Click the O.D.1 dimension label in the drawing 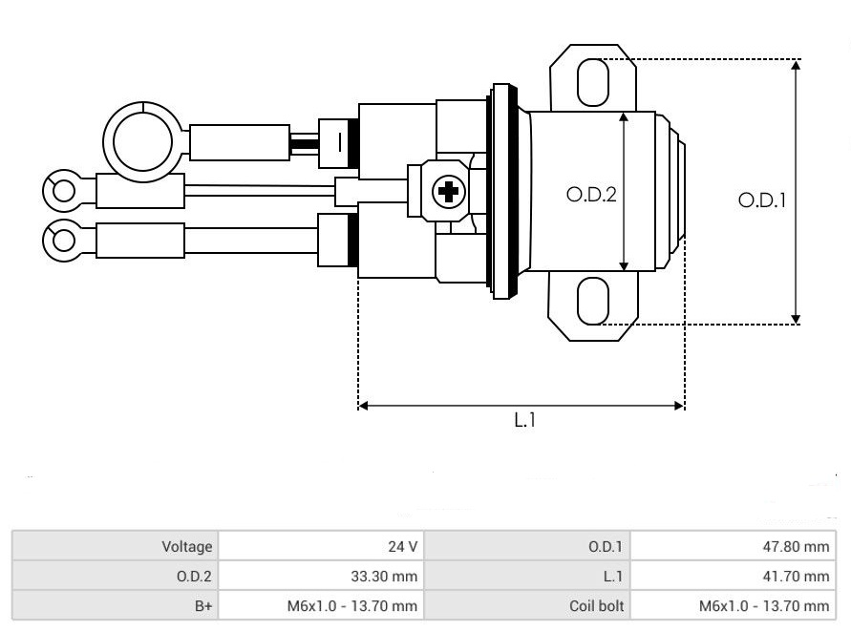(x=761, y=201)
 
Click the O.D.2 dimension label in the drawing (x=591, y=195)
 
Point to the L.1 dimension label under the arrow (x=525, y=421)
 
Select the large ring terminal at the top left (x=142, y=140)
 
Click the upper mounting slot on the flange (x=593, y=81)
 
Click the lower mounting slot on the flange (x=593, y=300)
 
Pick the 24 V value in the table (x=404, y=547)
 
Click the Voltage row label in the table (x=186, y=547)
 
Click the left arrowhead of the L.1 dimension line (x=363, y=406)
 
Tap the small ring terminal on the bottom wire (x=64, y=239)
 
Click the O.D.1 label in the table (x=606, y=547)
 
